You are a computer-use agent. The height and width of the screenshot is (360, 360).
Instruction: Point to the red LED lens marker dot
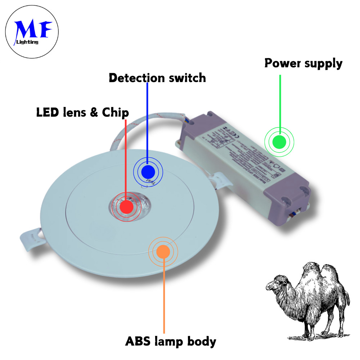point(126,207)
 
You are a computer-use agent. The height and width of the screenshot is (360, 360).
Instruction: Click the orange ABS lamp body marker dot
point(163,251)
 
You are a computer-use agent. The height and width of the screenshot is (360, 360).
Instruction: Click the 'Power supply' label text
point(303,64)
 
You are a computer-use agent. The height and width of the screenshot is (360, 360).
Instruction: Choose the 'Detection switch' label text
point(157,78)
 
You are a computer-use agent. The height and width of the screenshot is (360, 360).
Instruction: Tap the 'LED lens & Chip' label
point(82,113)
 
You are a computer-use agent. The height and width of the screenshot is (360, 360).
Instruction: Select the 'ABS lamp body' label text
point(170,341)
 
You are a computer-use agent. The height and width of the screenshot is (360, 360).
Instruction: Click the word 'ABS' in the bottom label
point(139,341)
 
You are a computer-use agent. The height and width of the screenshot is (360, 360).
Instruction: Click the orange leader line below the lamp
point(164,295)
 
